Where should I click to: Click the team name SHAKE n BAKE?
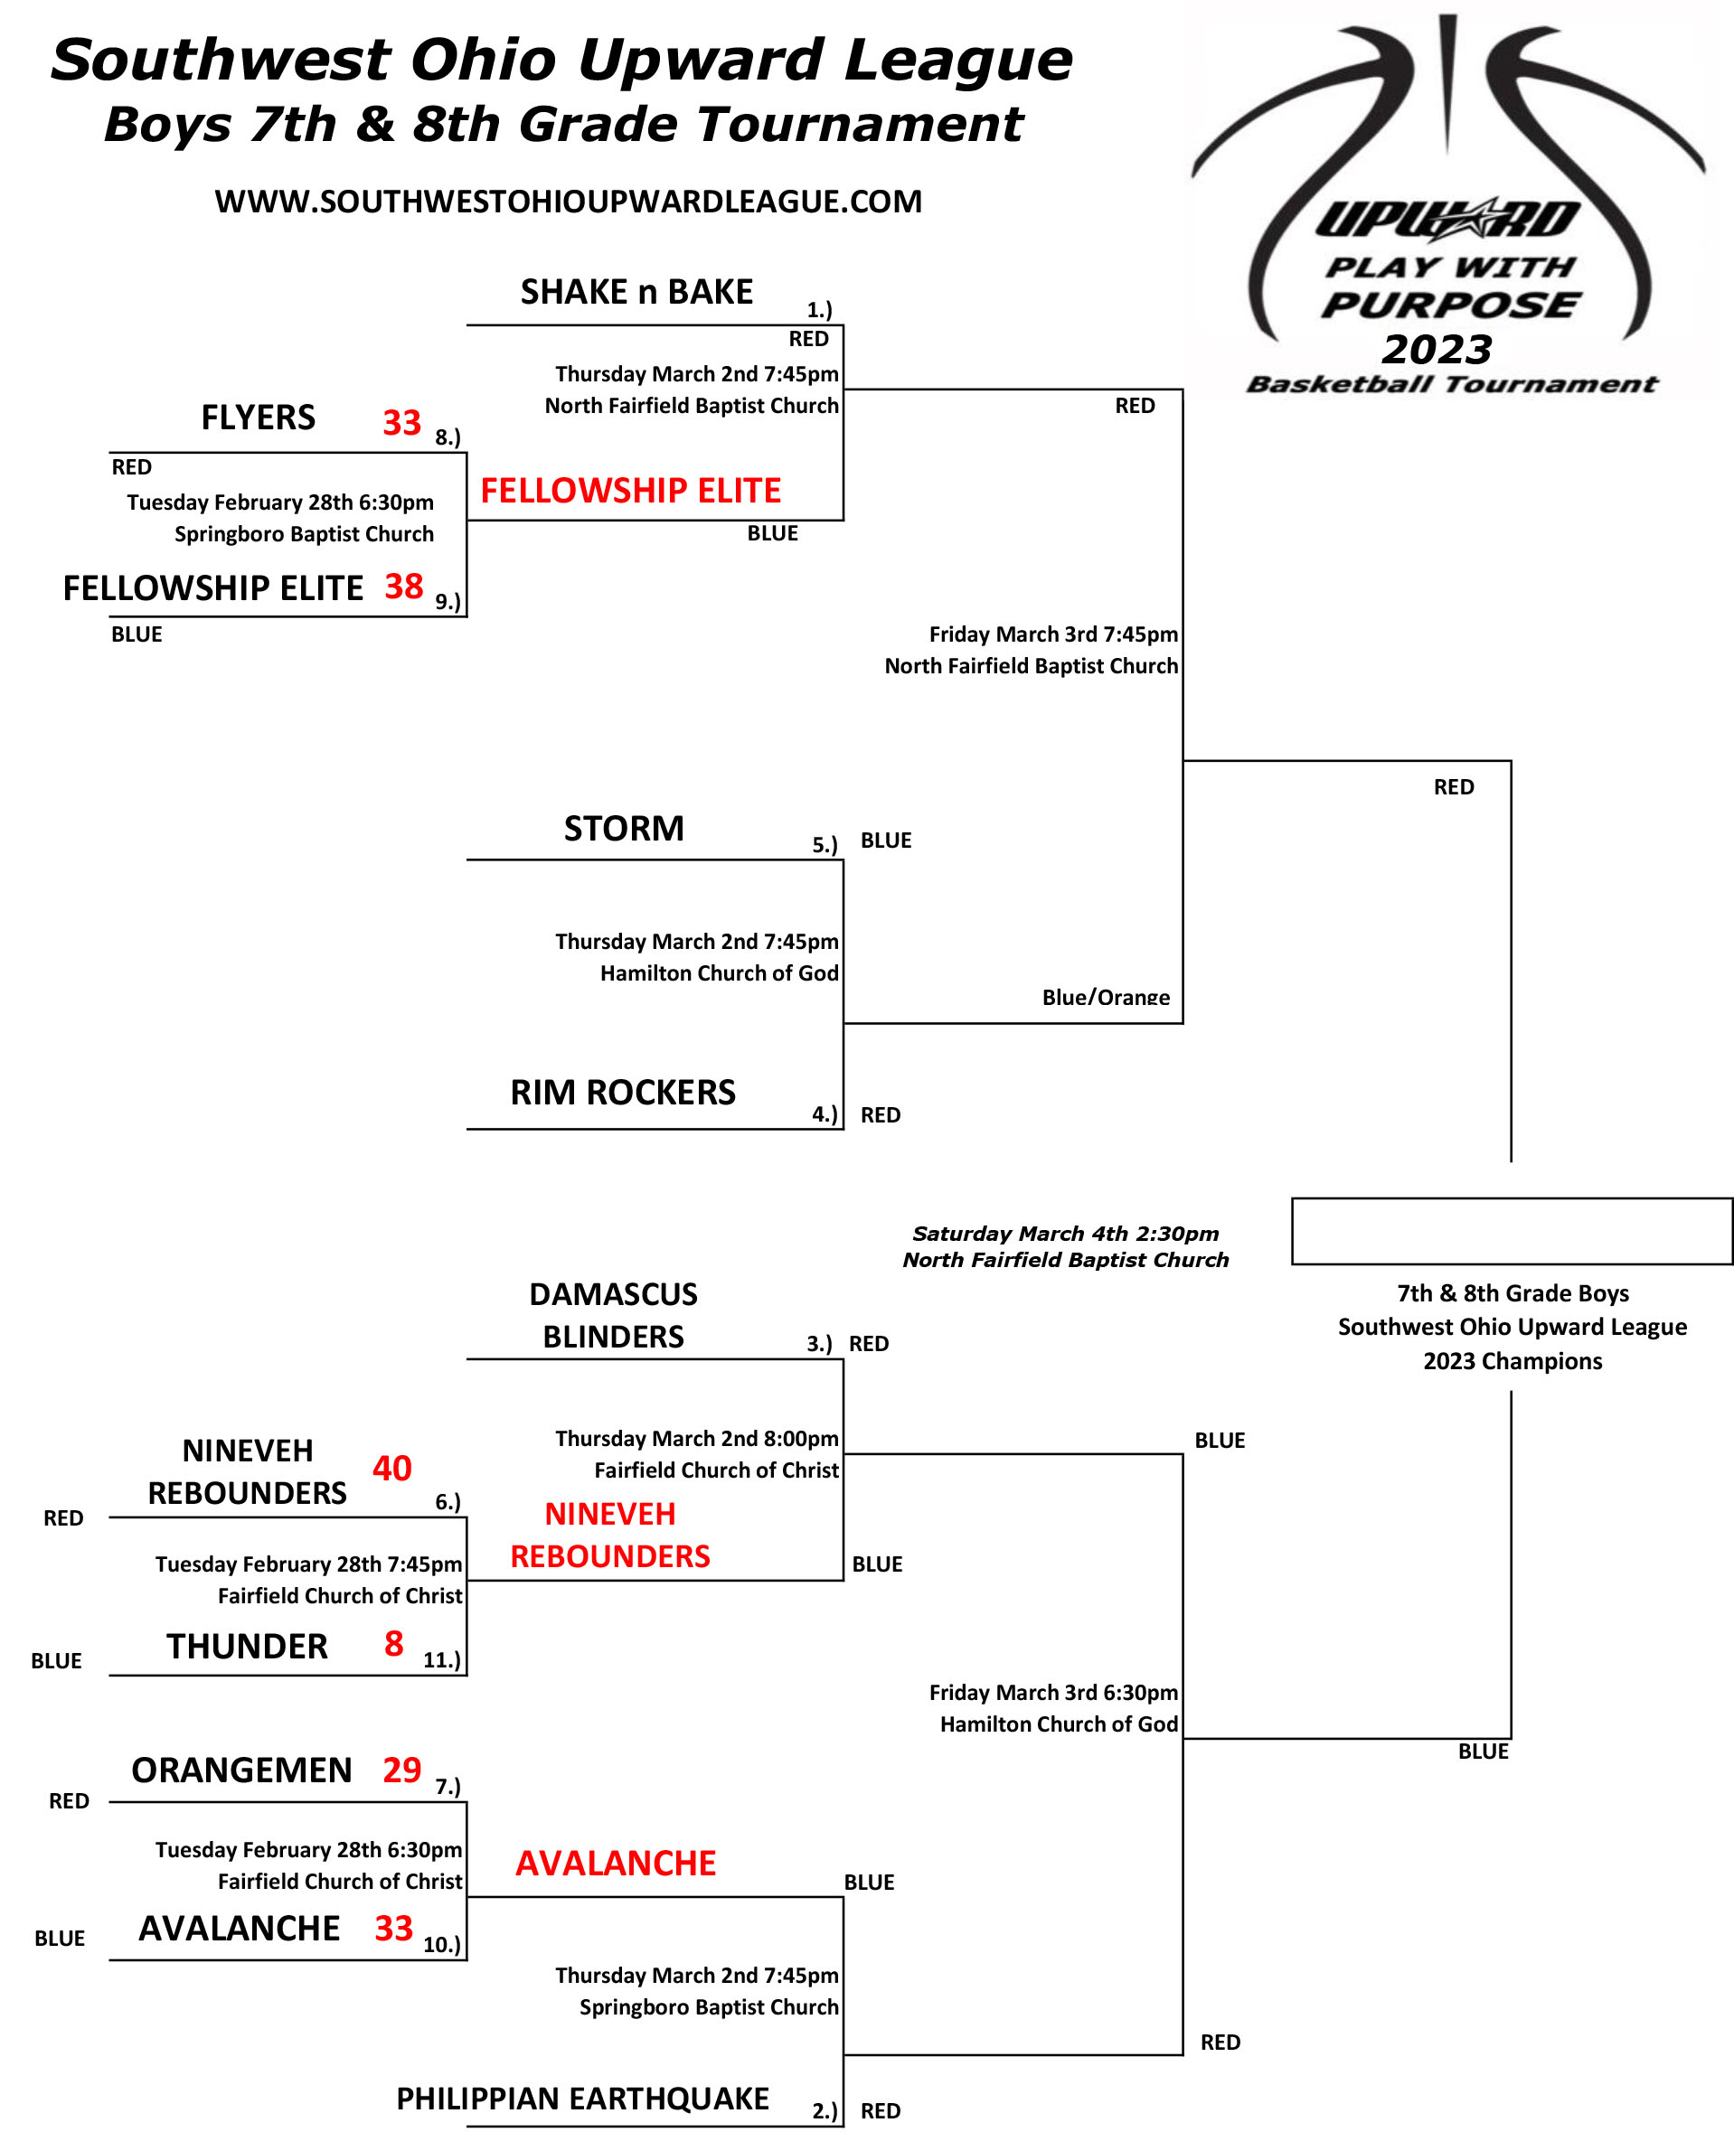click(x=636, y=292)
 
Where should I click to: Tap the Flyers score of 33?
click(x=401, y=422)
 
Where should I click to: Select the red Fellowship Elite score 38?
click(x=403, y=587)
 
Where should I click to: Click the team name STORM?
click(x=625, y=828)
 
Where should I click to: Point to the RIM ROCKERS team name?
click(x=622, y=1093)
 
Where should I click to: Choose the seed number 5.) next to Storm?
click(x=824, y=845)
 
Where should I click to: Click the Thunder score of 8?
click(x=393, y=1643)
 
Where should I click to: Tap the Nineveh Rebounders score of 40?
click(x=391, y=1468)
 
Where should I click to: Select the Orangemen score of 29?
click(x=401, y=1770)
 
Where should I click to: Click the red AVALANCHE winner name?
click(x=616, y=1864)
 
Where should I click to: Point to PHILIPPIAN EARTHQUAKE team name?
click(x=582, y=2099)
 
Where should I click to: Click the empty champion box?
click(x=1512, y=1231)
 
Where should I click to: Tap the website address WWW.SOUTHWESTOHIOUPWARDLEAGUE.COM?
click(x=569, y=202)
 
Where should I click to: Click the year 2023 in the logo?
click(x=1437, y=350)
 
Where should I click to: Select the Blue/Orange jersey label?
click(x=1106, y=997)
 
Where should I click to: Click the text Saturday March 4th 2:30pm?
click(x=1066, y=1234)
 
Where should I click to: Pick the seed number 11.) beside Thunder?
click(x=441, y=1659)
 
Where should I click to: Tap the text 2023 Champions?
click(x=1513, y=1361)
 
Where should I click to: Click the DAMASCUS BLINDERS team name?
click(x=613, y=1315)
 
